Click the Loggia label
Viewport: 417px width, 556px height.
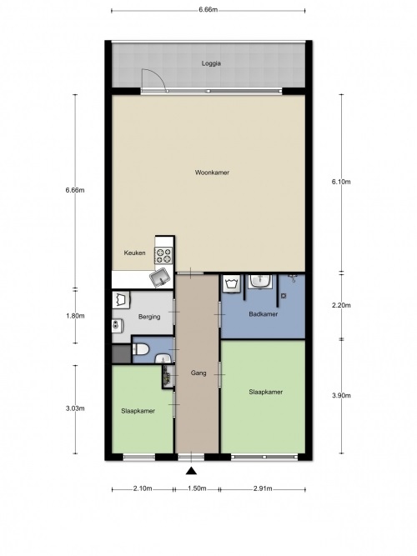click(x=211, y=63)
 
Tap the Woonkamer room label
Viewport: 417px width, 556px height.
click(x=212, y=173)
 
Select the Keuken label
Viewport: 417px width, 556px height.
click(x=134, y=253)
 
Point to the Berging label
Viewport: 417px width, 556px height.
click(x=149, y=317)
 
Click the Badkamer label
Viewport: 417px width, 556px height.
click(x=263, y=314)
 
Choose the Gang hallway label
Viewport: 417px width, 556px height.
click(x=198, y=373)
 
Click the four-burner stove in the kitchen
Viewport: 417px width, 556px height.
click(x=163, y=255)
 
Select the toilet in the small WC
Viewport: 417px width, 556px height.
click(x=140, y=350)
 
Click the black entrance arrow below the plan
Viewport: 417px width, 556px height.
click(x=191, y=470)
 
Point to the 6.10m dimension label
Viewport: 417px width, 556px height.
click(x=341, y=182)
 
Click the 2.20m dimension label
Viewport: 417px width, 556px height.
click(x=341, y=305)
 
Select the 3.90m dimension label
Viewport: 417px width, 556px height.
click(x=341, y=396)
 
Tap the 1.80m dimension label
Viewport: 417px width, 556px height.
click(x=75, y=316)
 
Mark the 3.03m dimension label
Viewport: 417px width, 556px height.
click(x=75, y=408)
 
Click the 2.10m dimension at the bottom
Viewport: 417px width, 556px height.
click(x=143, y=488)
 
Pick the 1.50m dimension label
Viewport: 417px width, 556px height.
click(x=197, y=488)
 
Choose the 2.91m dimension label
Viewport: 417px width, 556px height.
click(x=263, y=488)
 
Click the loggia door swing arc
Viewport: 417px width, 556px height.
click(x=159, y=75)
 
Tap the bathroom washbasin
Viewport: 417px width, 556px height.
click(x=260, y=281)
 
